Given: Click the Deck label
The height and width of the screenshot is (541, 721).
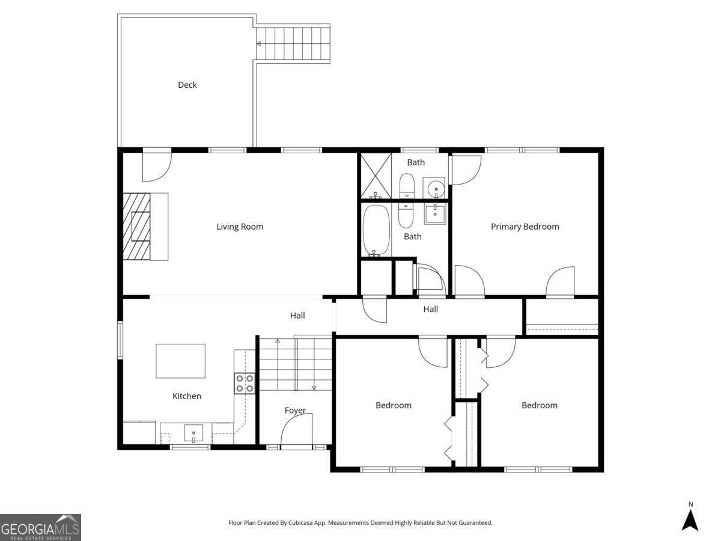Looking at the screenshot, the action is [x=187, y=85].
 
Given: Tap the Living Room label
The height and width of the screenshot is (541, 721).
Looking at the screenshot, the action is [x=240, y=227].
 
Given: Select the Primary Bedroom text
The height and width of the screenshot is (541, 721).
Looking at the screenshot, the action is [x=525, y=227].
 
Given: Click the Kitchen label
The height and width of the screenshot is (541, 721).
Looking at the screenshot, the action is [x=187, y=396].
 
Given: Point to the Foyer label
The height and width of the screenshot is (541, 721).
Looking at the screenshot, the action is [x=295, y=411].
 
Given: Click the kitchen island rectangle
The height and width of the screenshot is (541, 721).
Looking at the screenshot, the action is [x=180, y=361].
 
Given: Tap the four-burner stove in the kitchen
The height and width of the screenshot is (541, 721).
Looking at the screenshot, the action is [x=245, y=383].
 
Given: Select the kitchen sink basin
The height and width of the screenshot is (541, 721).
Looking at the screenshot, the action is [x=193, y=433].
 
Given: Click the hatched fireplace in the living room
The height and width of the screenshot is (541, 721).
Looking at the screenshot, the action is [x=136, y=227].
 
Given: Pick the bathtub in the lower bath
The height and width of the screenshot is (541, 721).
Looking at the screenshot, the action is [x=377, y=230].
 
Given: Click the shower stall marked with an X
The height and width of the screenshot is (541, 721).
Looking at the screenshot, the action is [x=376, y=176].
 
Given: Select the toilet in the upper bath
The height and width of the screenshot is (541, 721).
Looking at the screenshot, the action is [x=407, y=186].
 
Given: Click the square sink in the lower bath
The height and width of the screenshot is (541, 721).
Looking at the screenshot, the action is [x=435, y=214].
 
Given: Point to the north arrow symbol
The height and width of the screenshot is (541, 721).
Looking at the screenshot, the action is [x=691, y=521].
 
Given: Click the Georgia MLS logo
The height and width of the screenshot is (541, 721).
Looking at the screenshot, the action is [x=40, y=527].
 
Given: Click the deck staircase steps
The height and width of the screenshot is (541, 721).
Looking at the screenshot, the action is [x=293, y=43].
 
